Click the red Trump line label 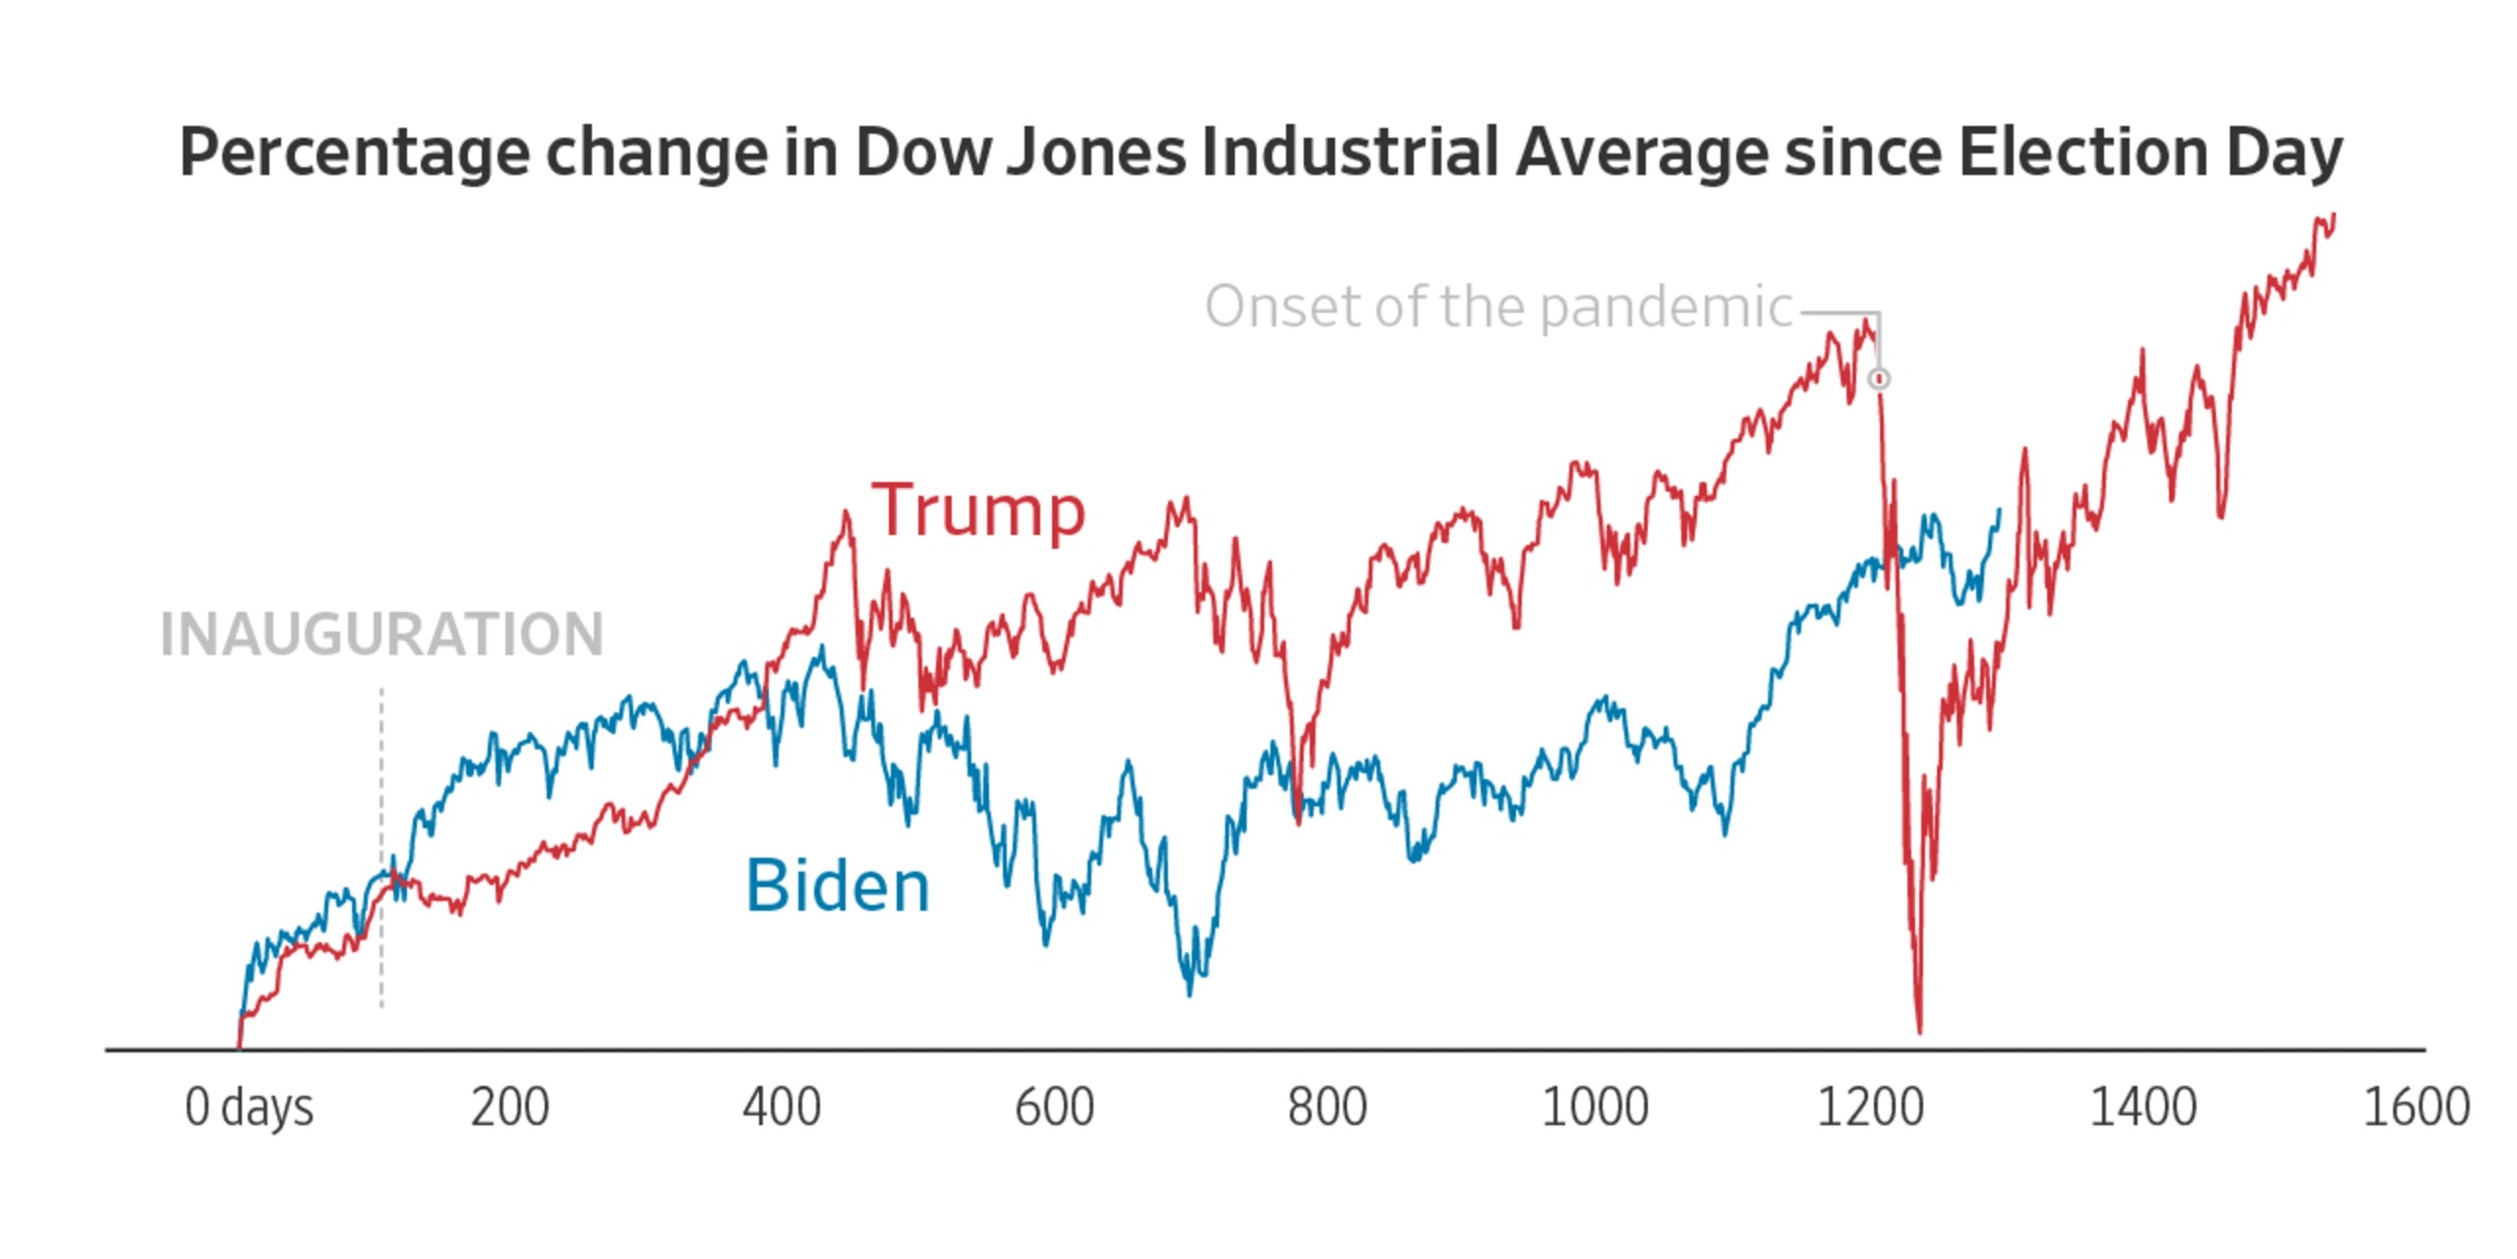978,510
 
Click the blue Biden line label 838,885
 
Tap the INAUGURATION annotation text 381,634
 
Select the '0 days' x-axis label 249,1108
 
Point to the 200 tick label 509,1108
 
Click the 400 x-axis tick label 782,1108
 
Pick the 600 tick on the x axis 1054,1108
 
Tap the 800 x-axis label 1327,1108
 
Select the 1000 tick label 1595,1108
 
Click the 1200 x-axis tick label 1870,1108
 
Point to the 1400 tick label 2143,1108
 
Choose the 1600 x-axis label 2416,1108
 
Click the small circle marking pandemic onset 1879,379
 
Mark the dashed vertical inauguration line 381,848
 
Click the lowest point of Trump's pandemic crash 1919,1032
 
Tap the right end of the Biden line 1999,510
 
